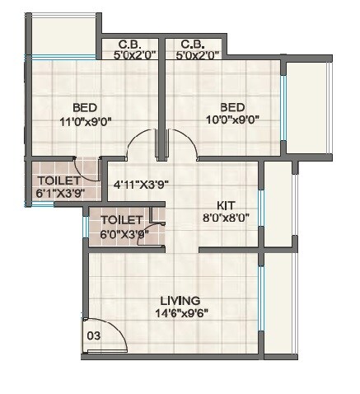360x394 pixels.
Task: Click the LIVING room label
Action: point(180,301)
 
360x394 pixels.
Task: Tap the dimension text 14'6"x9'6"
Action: point(180,314)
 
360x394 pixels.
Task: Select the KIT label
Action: point(227,205)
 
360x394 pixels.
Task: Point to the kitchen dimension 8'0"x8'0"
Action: point(227,218)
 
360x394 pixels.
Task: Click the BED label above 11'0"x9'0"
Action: point(85,107)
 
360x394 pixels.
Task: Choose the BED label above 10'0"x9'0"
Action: point(231,107)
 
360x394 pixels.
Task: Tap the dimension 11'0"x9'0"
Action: point(85,120)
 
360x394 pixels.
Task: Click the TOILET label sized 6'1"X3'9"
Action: point(58,181)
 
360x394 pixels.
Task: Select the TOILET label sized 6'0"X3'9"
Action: point(122,220)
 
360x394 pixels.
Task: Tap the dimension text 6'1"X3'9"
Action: point(58,194)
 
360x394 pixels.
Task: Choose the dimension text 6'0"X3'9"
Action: point(122,233)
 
